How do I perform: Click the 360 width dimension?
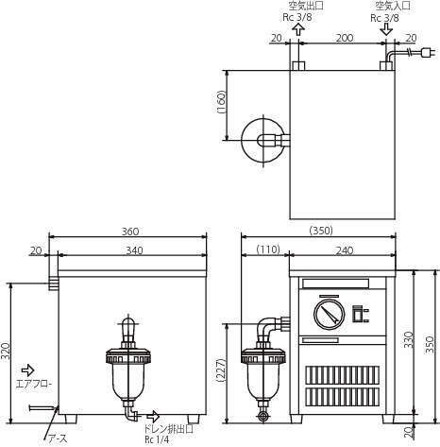point(130,232)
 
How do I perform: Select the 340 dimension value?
point(134,250)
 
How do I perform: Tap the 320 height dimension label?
point(6,352)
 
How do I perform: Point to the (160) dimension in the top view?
point(221,102)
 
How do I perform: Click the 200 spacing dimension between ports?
point(345,38)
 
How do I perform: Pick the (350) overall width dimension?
point(321,231)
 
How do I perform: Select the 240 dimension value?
point(345,250)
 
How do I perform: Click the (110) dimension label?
point(268,249)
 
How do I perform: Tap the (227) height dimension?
point(221,370)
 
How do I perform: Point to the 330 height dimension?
point(409,339)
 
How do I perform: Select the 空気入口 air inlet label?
point(393,6)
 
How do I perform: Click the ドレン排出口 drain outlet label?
point(168,429)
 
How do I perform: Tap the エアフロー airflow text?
point(34,384)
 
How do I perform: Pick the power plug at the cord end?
point(429,52)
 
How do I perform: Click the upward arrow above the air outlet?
point(298,29)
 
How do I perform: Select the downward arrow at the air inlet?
point(386,29)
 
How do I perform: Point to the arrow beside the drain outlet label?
point(153,417)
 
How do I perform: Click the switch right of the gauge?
point(358,314)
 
